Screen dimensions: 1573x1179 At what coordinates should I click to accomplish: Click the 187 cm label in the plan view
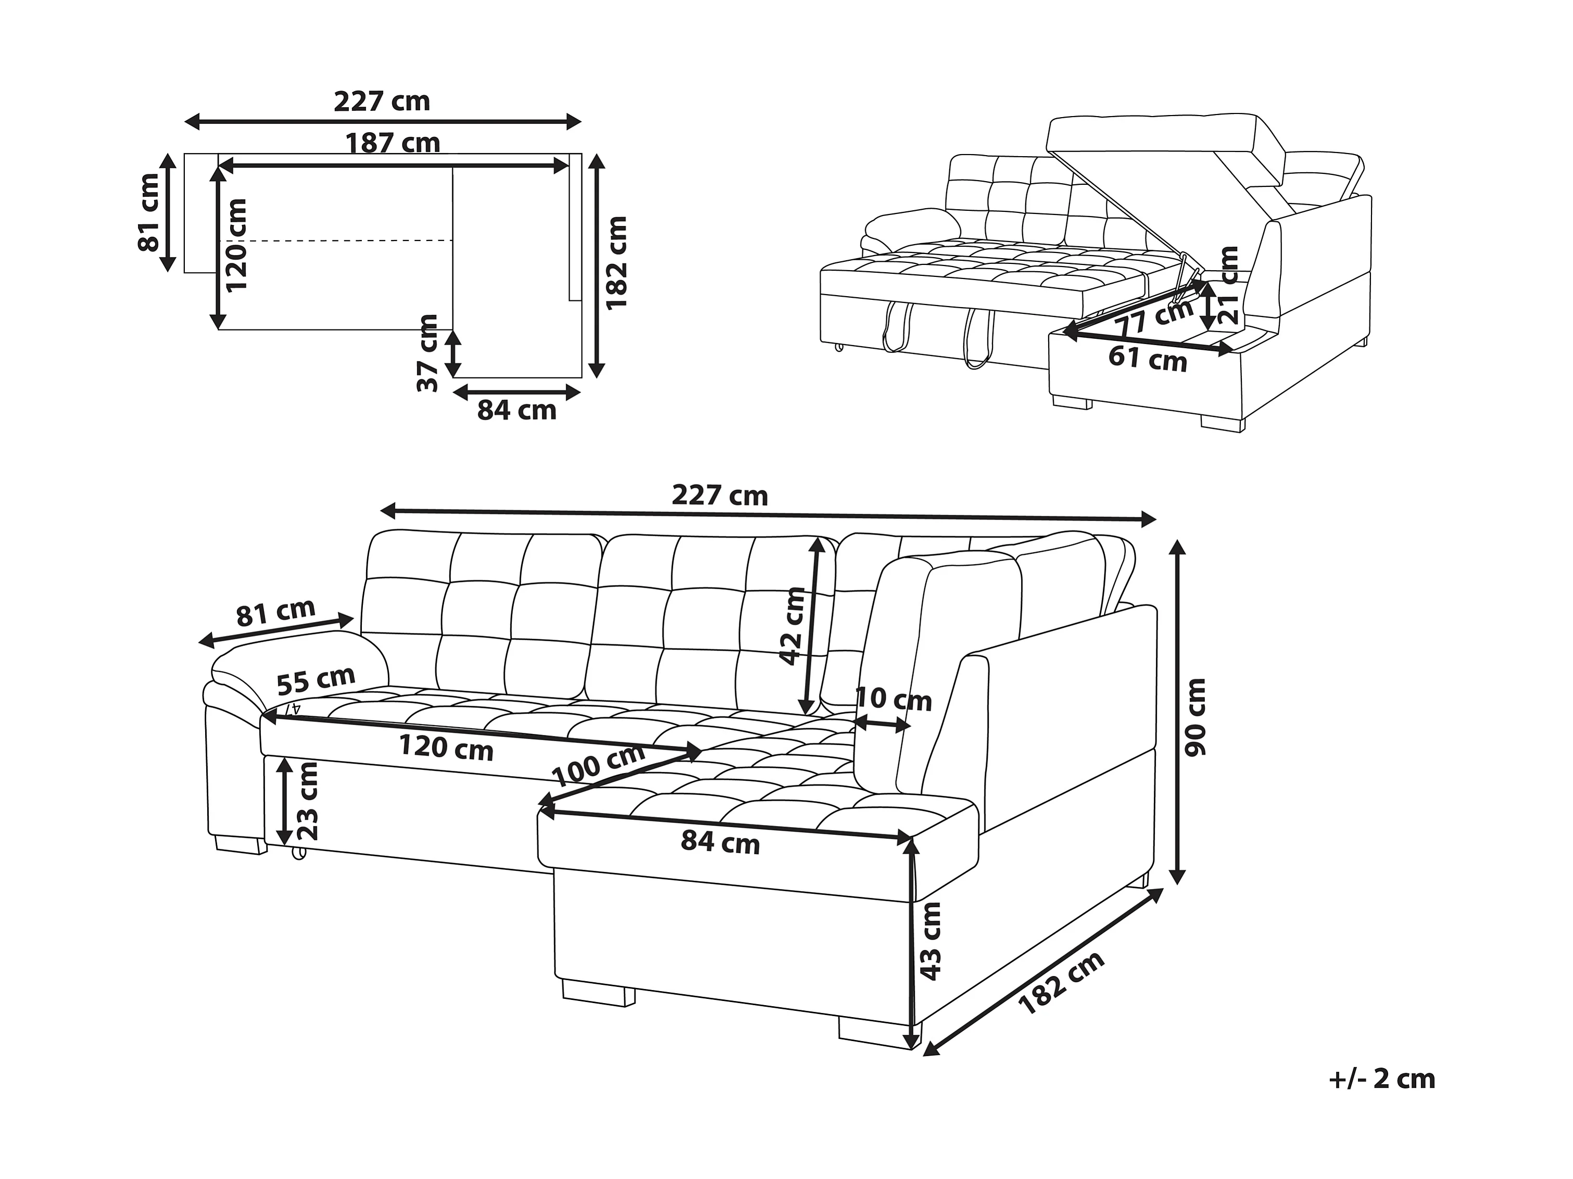tap(393, 144)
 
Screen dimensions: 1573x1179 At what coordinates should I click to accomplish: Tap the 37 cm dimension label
tap(428, 353)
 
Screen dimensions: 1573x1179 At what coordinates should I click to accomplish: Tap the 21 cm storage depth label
tap(1228, 285)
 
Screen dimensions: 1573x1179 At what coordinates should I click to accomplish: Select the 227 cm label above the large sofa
tap(720, 495)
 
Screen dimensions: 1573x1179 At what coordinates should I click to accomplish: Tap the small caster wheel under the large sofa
tap(299, 853)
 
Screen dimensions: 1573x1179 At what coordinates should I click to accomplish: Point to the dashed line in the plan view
tap(334, 241)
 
